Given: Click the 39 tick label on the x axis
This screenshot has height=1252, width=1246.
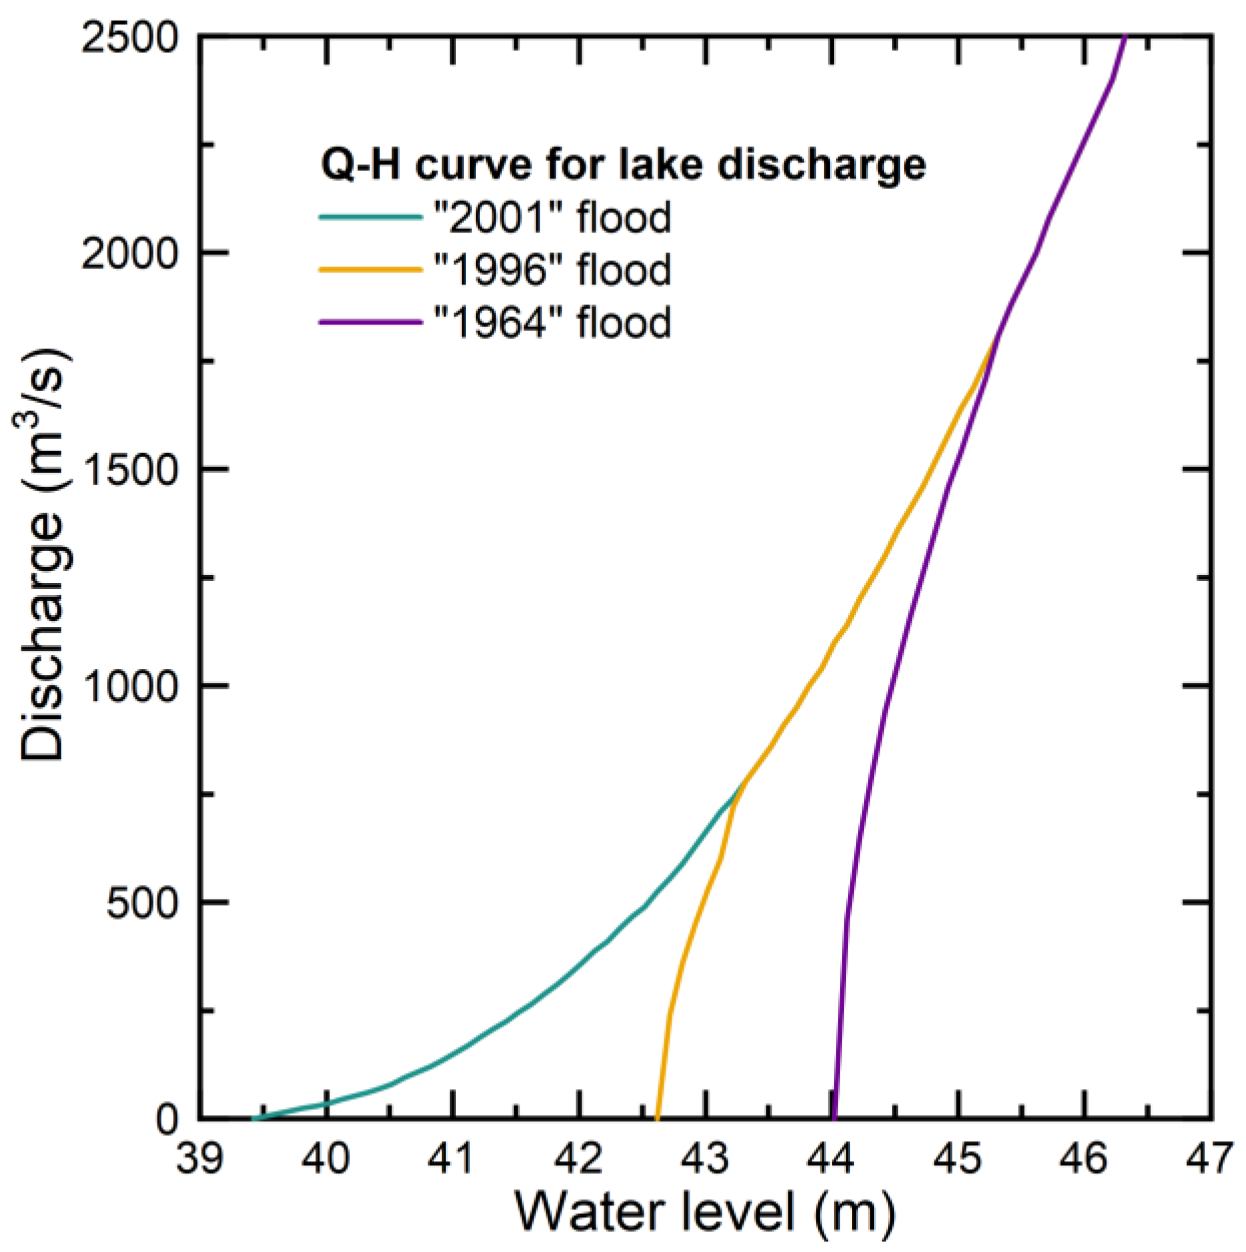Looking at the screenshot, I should [x=199, y=1158].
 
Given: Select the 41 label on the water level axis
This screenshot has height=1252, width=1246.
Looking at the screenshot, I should [x=452, y=1158].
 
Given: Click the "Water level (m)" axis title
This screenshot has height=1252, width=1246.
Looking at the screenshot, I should [x=705, y=1211].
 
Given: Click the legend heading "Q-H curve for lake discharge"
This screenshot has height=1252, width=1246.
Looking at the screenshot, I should [x=623, y=164].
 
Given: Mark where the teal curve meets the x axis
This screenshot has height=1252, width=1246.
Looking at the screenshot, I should [x=253, y=1119].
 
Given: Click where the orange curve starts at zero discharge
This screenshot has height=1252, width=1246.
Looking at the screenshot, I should [x=657, y=1118].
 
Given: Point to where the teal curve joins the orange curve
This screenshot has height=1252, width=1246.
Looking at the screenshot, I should [x=740, y=787].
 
